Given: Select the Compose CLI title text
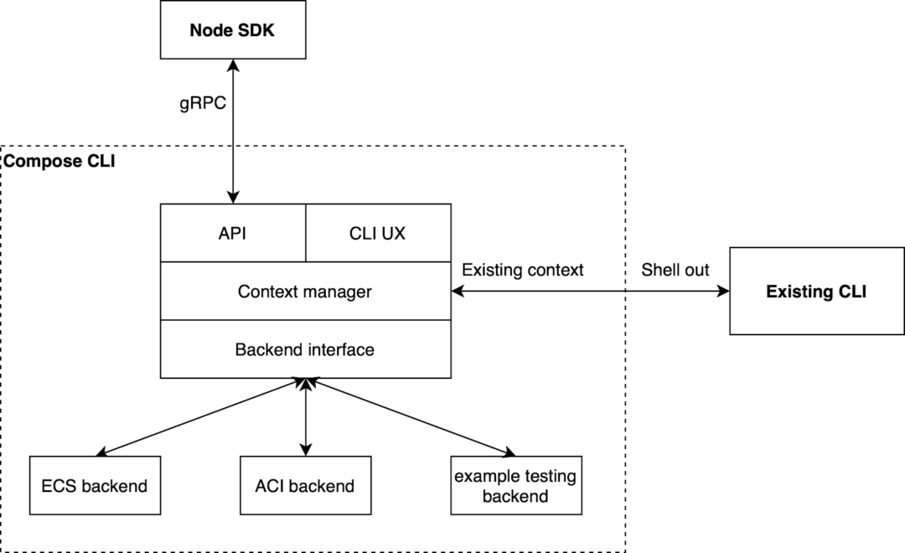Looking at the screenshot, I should [x=60, y=161].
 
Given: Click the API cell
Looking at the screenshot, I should [x=233, y=234].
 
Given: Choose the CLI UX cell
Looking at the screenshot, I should [x=377, y=234].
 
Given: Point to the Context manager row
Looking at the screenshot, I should [x=305, y=292].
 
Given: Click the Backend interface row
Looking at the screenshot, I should [x=305, y=349].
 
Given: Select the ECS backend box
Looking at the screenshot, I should [x=94, y=485].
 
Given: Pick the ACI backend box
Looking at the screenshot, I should [x=305, y=485].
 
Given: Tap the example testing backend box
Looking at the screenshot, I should [x=515, y=485].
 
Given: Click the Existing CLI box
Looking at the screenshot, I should [x=816, y=292].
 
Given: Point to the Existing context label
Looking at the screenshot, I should [x=523, y=270].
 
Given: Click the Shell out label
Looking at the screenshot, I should [x=675, y=270].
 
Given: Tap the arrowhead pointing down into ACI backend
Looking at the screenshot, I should [x=307, y=449].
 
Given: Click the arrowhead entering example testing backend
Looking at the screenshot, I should [x=508, y=452].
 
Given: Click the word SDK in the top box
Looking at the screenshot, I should [x=260, y=29].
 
